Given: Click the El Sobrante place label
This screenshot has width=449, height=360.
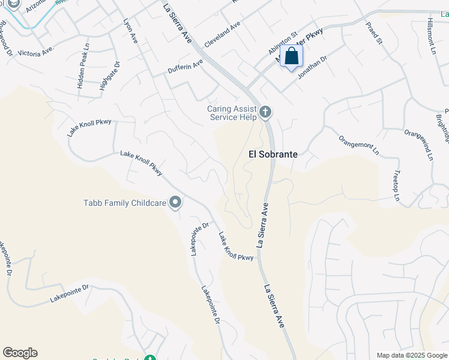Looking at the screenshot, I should click(273, 154).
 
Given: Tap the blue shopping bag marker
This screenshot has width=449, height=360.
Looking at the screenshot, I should click(292, 57).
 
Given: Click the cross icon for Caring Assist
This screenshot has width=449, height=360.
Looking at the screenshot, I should click(265, 112).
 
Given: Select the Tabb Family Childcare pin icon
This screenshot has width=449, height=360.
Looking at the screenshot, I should click(175, 203).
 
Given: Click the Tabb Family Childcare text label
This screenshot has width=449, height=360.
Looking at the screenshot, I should click(124, 203).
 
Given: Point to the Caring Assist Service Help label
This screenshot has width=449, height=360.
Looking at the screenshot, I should click(232, 113).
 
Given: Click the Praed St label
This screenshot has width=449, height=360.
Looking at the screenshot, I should click(374, 33).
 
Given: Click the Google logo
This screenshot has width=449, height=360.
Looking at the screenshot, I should click(20, 353).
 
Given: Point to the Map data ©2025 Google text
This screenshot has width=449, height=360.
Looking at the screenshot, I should click(411, 355).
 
